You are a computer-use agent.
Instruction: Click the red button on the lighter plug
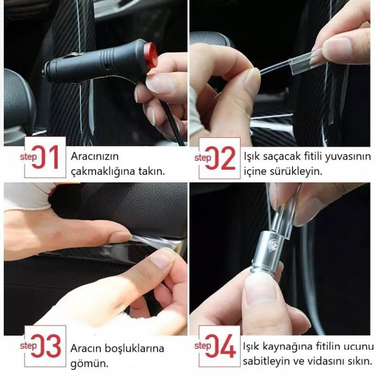click(x=151, y=55)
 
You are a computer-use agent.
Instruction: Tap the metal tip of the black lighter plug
click(x=44, y=73)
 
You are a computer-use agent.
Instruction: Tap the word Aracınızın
click(x=95, y=156)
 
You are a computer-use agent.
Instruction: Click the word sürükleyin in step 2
click(x=296, y=172)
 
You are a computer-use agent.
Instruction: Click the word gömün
click(x=89, y=364)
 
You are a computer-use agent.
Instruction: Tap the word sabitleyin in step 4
click(x=267, y=361)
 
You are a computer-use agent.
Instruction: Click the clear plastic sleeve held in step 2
click(x=304, y=63)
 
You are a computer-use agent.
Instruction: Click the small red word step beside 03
click(x=29, y=346)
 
